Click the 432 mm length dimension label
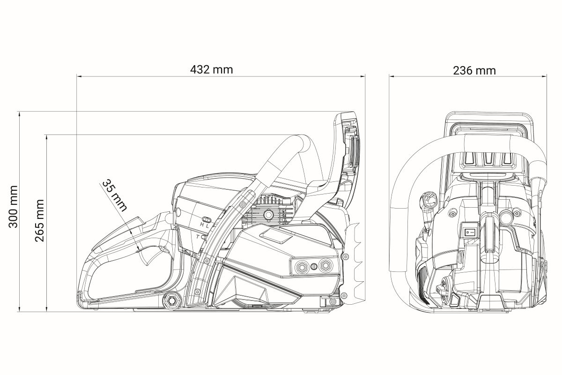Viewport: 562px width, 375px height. [212, 69]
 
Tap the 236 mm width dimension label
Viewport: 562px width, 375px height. [474, 71]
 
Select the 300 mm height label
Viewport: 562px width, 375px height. [13, 207]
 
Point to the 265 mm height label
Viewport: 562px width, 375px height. [39, 220]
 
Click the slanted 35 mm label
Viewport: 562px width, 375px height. [115, 195]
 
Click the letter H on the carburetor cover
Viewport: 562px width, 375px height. [202, 224]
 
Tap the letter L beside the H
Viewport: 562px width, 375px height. [207, 225]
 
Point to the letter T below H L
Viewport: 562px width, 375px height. [198, 236]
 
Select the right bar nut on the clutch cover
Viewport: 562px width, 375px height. [325, 266]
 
